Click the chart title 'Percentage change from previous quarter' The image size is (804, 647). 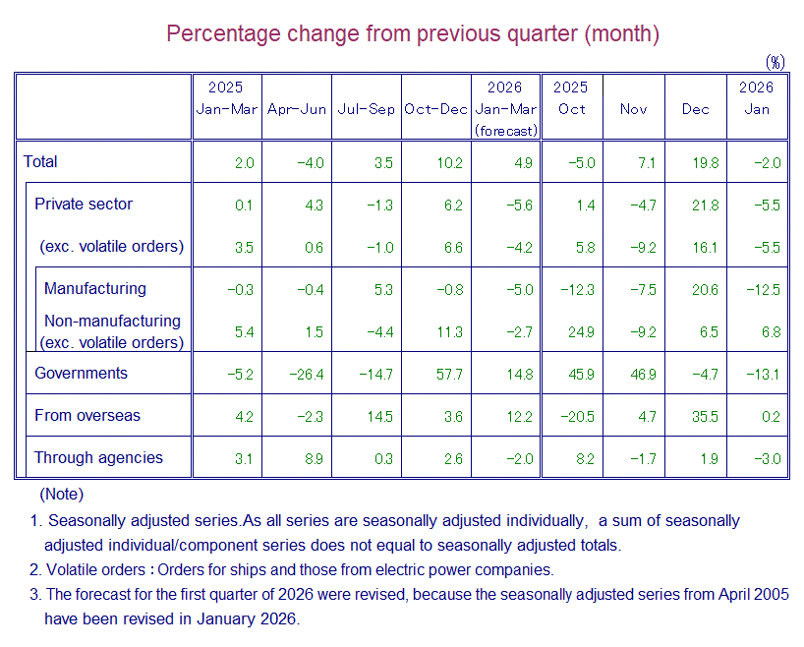(412, 33)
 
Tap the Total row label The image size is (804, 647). (41, 162)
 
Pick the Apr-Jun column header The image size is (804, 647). (297, 109)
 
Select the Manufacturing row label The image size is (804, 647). (94, 289)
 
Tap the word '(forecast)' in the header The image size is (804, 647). (506, 130)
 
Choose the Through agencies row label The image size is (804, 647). (98, 458)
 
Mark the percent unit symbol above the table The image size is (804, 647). (775, 62)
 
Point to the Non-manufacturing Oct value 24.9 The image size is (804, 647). (580, 332)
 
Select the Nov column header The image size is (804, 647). (634, 109)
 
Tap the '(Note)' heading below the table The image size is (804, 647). (61, 495)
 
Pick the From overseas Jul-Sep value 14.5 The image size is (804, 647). (378, 416)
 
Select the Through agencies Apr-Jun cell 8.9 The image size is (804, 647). (314, 458)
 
